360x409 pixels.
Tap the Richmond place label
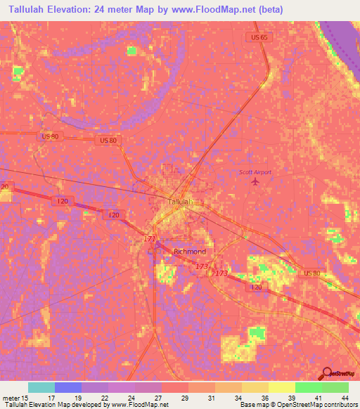tap(190, 252)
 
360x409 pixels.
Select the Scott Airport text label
tap(255, 172)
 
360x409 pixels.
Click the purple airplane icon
tap(255, 183)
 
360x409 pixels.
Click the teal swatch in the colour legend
tap(41, 387)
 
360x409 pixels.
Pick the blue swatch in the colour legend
tap(68, 387)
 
